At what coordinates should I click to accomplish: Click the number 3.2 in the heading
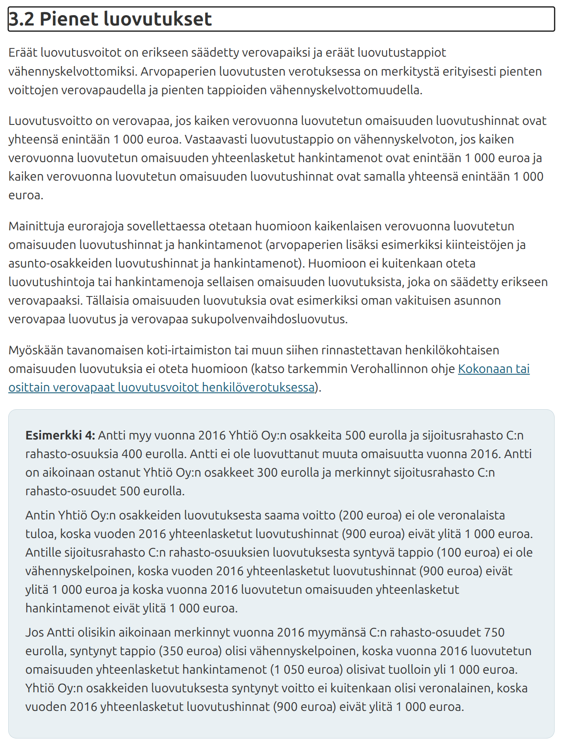(22, 19)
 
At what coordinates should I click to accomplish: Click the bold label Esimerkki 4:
(60, 435)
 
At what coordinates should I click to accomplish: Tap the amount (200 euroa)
(370, 515)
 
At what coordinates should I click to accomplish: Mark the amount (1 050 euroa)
(306, 669)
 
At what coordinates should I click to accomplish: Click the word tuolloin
(409, 669)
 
